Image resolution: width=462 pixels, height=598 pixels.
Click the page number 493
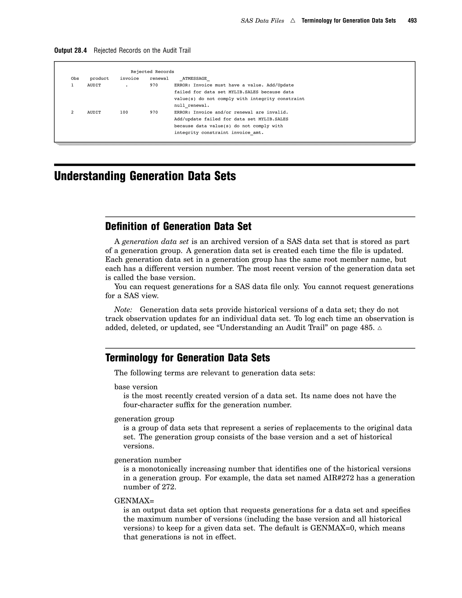412,21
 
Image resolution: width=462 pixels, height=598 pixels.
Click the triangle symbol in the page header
293,21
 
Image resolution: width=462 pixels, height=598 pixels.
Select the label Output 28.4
70,50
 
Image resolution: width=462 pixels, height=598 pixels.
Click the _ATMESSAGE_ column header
195,79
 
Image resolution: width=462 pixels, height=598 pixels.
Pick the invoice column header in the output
129,79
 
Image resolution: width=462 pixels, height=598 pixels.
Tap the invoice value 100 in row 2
124,112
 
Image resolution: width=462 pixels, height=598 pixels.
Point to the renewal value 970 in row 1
154,85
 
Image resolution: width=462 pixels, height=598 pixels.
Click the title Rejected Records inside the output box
152,72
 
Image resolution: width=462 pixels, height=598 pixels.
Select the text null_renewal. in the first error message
192,105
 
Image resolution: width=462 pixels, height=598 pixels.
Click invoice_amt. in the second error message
247,132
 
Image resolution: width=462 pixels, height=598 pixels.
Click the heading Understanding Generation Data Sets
145,176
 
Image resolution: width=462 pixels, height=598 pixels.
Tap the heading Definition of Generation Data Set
178,226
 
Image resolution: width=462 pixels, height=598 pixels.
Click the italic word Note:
123,310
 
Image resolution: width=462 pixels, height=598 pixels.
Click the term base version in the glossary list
136,387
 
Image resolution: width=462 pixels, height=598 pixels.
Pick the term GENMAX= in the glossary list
134,501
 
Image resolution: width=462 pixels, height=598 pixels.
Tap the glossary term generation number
148,460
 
